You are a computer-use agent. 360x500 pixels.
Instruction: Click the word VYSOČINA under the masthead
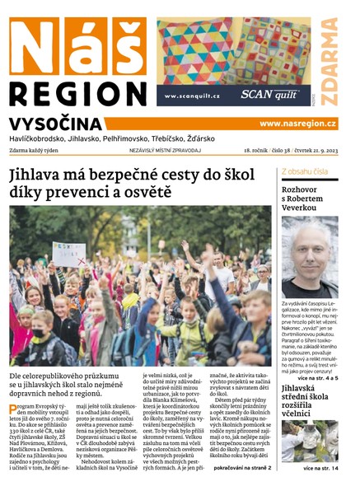coord(56,124)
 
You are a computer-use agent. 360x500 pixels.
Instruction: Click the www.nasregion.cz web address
coord(297,124)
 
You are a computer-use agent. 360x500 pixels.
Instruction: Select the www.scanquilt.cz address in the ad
coord(192,96)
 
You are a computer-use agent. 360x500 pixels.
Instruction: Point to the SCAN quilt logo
coord(269,95)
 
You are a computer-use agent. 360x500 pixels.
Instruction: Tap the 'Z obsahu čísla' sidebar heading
coord(305,171)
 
